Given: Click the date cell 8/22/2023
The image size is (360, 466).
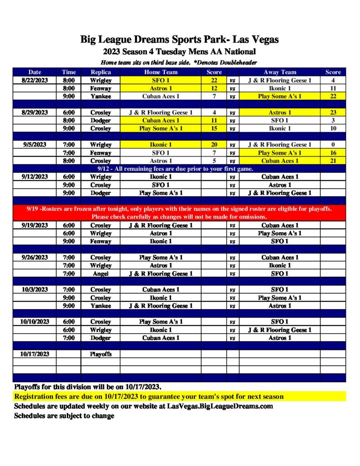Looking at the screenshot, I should [x=35, y=81].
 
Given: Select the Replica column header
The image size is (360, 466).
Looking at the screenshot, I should [x=101, y=72].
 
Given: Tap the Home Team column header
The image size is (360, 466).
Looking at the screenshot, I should [x=161, y=72].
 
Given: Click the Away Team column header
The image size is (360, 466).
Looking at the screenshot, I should [x=279, y=72].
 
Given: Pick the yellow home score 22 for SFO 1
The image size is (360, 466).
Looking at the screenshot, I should [x=214, y=81].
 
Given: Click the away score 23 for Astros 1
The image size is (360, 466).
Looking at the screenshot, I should [x=333, y=112].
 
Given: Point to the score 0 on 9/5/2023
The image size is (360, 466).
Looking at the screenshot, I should [x=333, y=145].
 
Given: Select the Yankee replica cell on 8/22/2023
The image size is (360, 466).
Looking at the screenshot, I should [x=101, y=96].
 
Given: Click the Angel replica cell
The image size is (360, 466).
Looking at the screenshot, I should [x=101, y=274].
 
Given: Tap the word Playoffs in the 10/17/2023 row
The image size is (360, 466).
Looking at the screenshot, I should [x=101, y=354].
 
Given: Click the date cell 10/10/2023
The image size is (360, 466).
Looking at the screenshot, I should [x=35, y=322].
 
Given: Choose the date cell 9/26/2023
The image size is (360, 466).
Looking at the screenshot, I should [x=35, y=258].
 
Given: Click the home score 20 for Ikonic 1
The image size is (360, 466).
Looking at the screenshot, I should [x=214, y=145].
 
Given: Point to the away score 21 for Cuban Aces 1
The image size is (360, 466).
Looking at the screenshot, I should [x=333, y=161].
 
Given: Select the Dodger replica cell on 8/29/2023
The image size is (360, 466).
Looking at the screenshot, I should [x=101, y=121].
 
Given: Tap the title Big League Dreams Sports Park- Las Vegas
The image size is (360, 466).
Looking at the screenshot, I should [x=180, y=40].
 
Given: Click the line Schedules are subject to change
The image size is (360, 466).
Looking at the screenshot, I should [x=64, y=415].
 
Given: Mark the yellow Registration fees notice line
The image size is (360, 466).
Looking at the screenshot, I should [x=149, y=396].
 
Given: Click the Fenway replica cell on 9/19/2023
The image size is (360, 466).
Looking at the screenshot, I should [x=101, y=241].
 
